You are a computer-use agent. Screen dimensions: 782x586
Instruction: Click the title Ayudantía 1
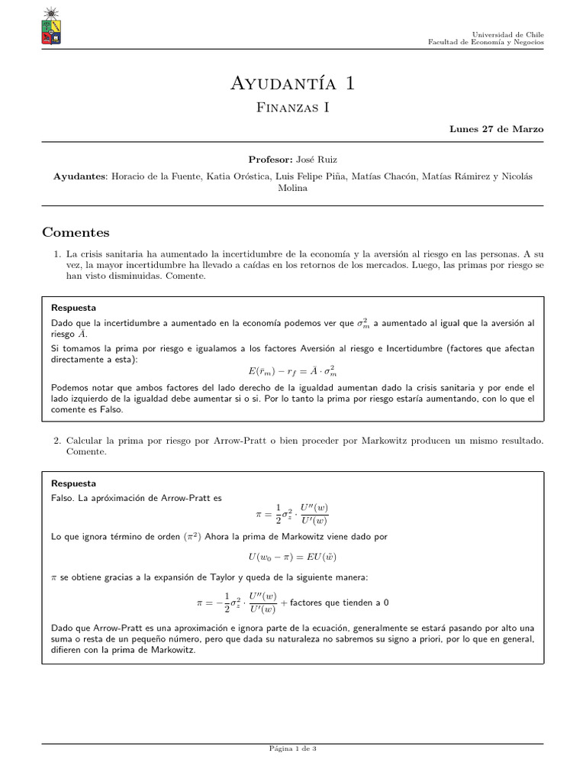(x=292, y=82)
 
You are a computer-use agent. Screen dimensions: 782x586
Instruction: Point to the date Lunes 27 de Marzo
(x=496, y=129)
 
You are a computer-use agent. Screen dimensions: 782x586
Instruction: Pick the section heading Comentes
(x=76, y=232)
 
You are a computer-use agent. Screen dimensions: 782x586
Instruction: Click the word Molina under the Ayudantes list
(x=292, y=188)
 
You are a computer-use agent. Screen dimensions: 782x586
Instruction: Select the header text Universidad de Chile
(x=508, y=34)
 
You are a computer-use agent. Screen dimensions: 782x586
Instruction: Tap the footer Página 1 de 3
(x=292, y=748)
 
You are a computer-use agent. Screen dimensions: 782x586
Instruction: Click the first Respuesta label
(x=73, y=308)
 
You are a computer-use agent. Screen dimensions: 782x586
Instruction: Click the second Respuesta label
(x=73, y=483)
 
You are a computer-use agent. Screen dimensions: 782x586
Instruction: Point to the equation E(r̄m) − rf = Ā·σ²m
(x=292, y=371)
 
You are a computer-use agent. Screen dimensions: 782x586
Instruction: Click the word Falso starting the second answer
(x=63, y=498)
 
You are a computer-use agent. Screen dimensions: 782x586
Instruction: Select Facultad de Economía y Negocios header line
(x=486, y=43)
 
